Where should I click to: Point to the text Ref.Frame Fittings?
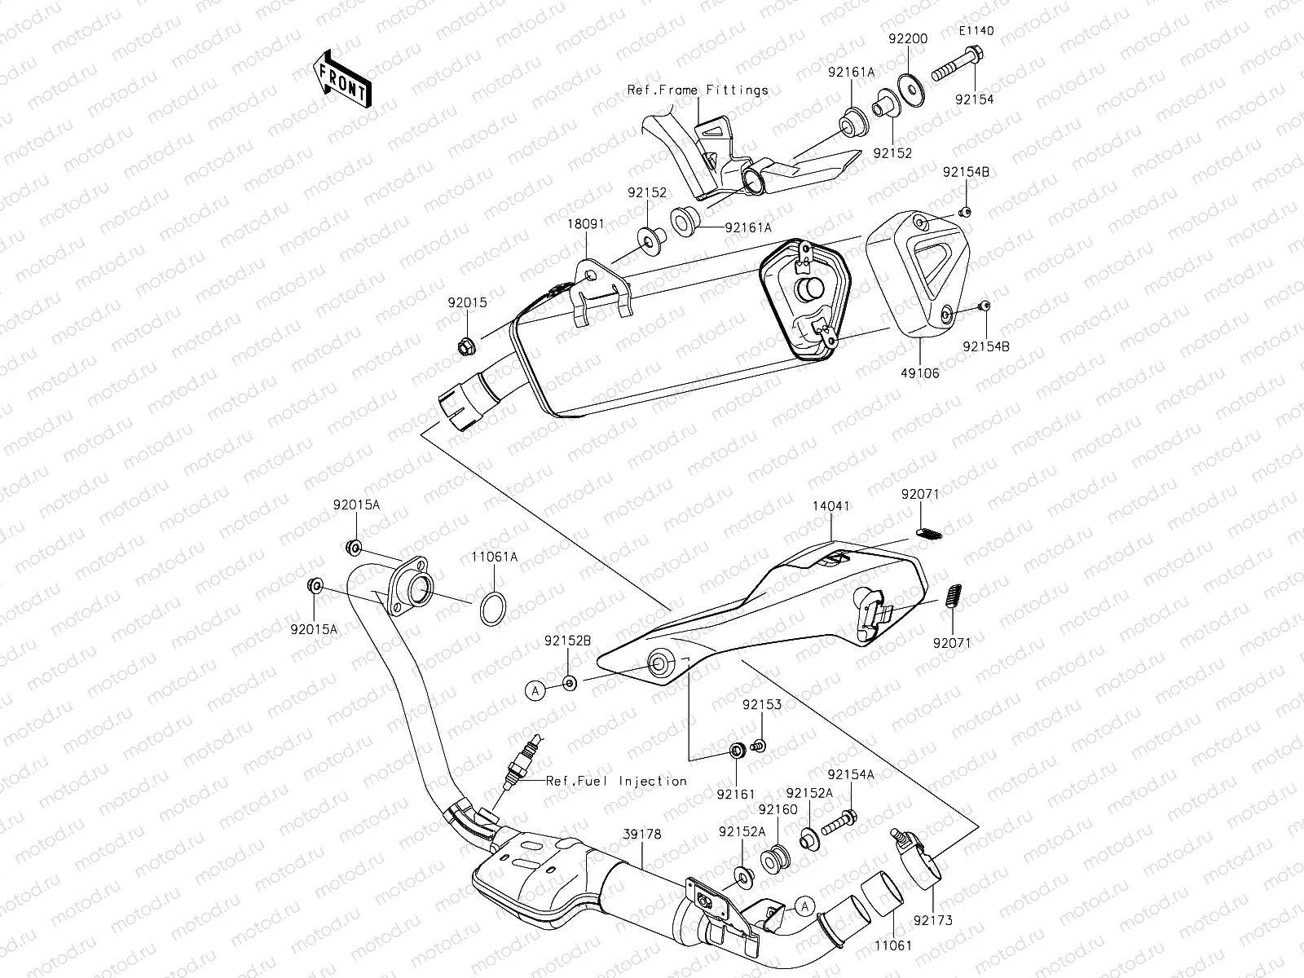[698, 90]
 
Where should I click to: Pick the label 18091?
[587, 223]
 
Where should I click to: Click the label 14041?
[830, 506]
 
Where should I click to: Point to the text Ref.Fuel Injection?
[616, 781]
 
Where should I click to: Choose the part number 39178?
[643, 835]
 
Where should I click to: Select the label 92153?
[761, 704]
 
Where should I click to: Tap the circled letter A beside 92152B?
[535, 690]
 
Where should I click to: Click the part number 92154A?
[851, 774]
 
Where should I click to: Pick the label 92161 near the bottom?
[736, 793]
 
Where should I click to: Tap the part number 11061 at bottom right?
[893, 945]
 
